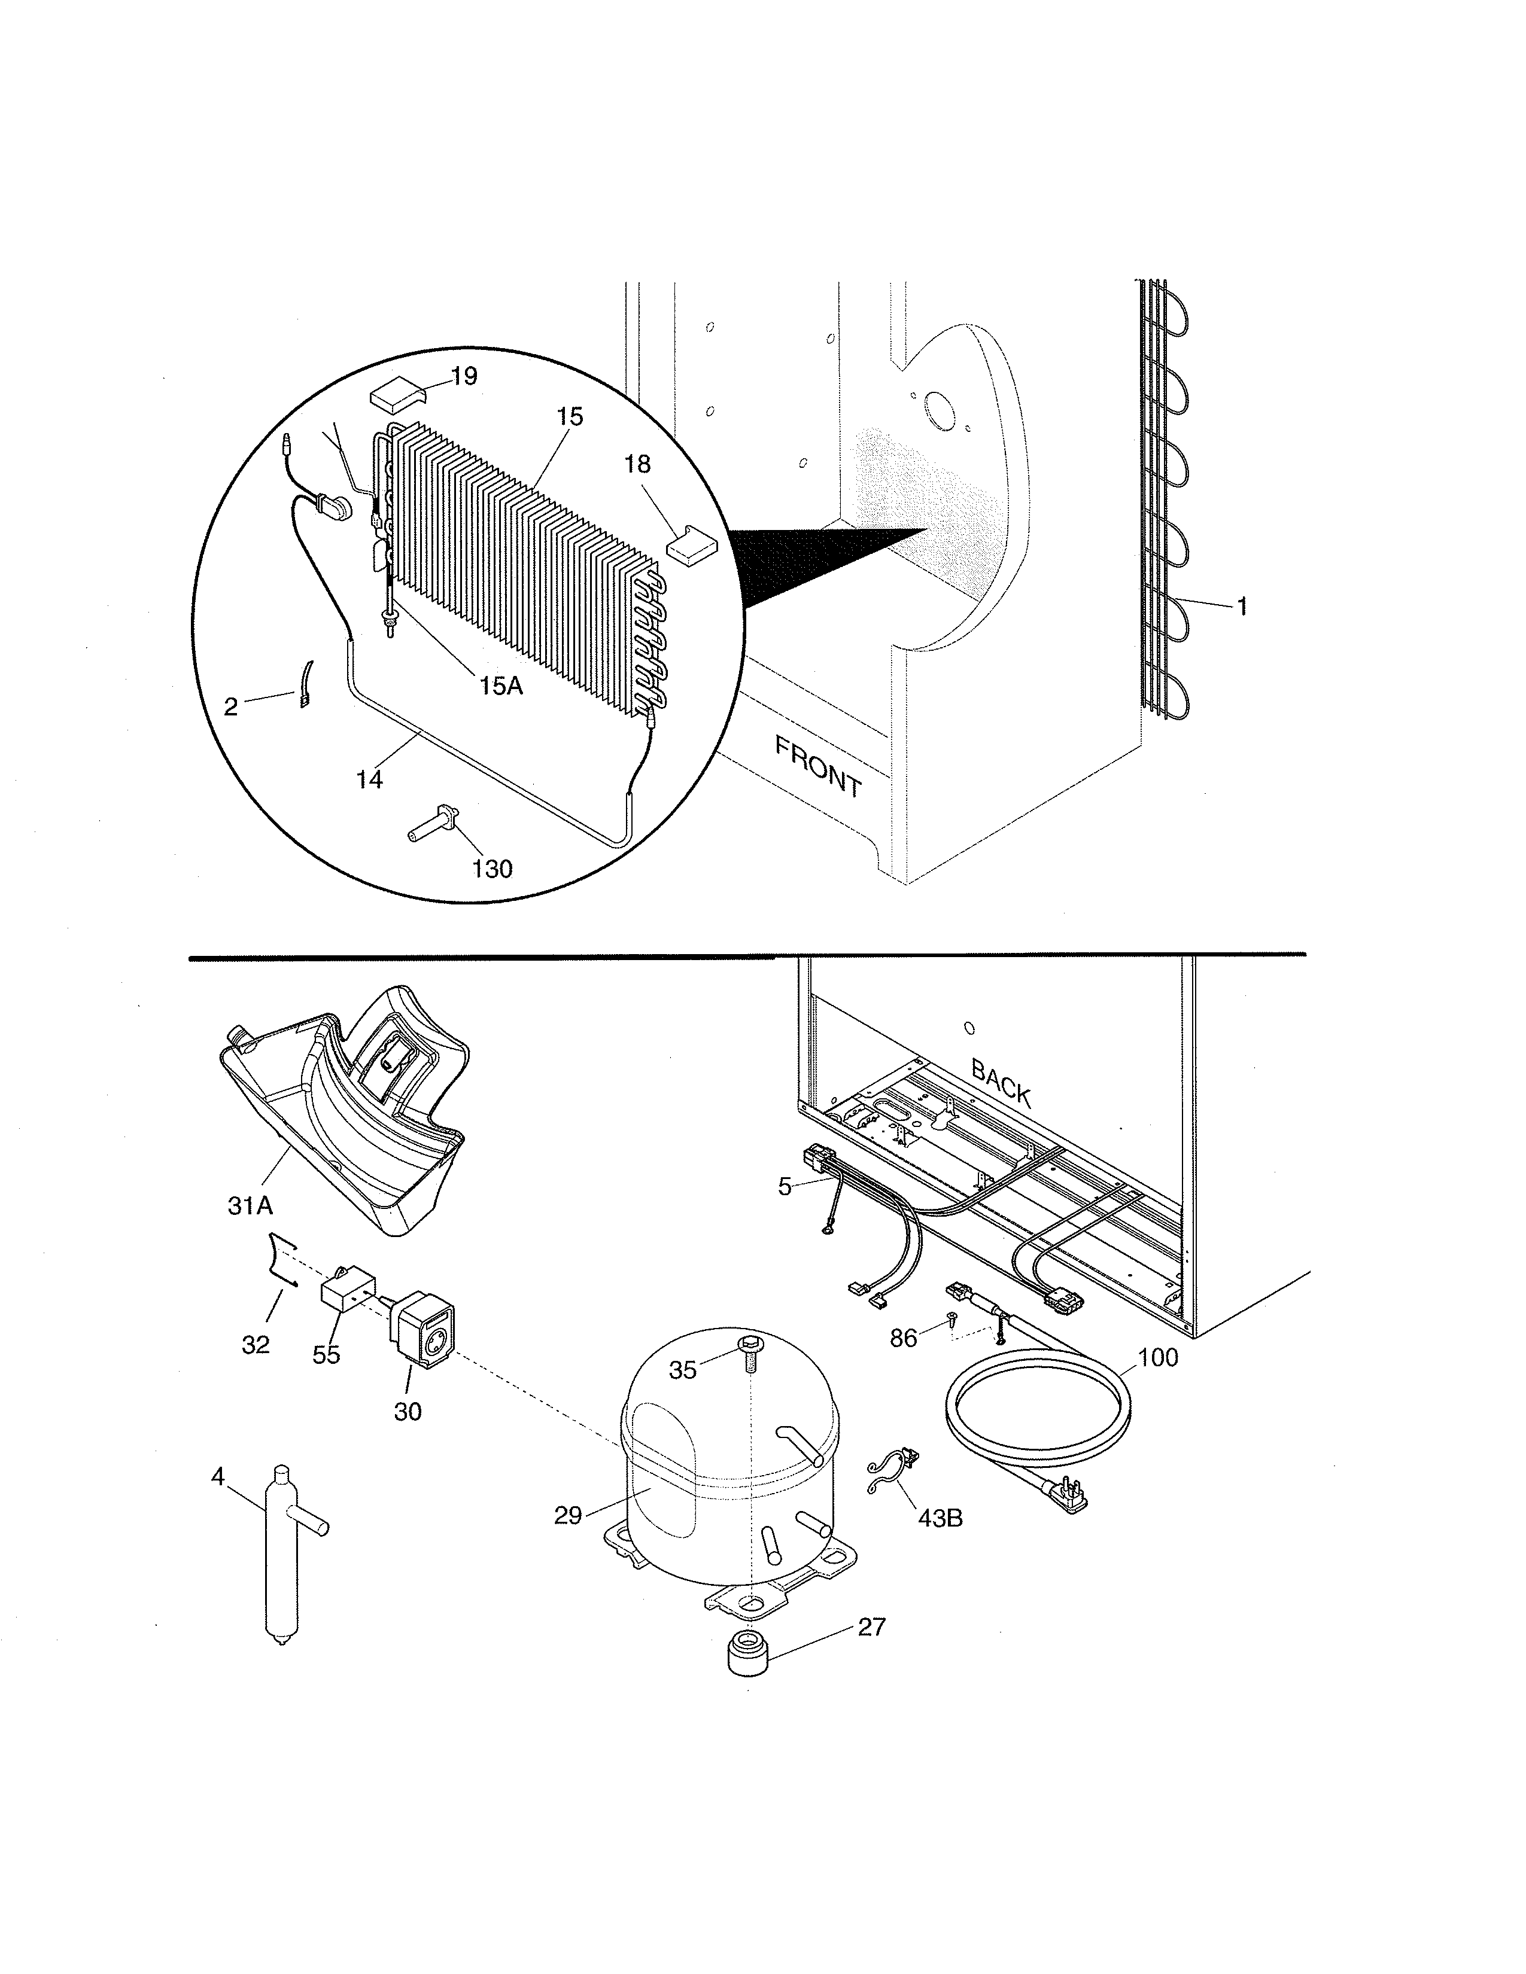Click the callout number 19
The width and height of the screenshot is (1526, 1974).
[x=464, y=376]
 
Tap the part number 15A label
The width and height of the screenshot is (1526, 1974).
[x=501, y=686]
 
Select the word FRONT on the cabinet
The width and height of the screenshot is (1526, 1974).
[x=818, y=766]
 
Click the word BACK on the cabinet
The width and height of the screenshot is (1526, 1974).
[x=1001, y=1082]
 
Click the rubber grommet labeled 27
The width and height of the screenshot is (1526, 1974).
[x=749, y=1652]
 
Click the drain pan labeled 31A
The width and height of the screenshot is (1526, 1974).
[x=343, y=1110]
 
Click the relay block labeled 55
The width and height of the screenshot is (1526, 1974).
[x=348, y=1286]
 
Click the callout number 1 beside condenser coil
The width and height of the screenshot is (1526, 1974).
[x=1242, y=607]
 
